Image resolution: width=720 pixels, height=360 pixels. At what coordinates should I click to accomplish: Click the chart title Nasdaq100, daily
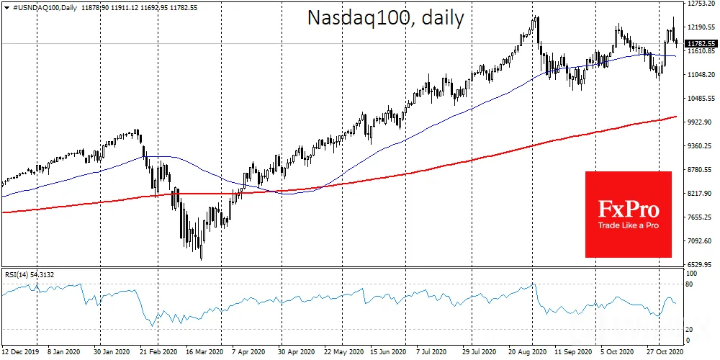[x=385, y=19]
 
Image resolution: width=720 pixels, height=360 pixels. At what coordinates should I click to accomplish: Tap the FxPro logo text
[x=628, y=210]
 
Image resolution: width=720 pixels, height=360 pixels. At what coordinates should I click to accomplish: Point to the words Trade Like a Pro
[x=628, y=225]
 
